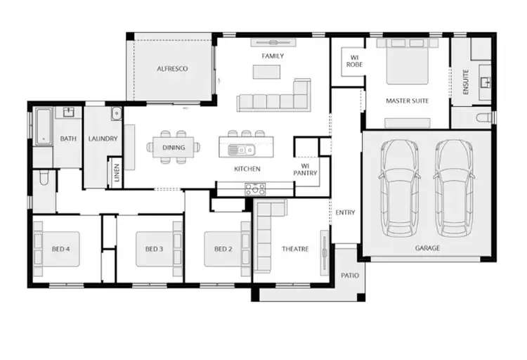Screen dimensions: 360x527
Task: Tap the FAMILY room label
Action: click(273, 56)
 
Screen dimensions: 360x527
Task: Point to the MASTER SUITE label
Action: click(407, 101)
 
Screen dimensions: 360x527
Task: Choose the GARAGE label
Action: click(427, 248)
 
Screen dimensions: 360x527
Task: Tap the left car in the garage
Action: click(398, 187)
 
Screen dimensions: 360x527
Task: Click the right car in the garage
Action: click(453, 187)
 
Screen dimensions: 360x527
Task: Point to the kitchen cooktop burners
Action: click(255, 188)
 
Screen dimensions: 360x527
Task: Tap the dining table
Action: click(173, 148)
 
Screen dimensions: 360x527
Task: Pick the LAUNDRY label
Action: click(103, 139)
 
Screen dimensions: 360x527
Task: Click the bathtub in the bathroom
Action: click(43, 127)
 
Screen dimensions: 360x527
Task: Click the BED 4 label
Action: click(61, 249)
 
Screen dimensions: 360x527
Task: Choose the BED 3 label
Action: click(155, 249)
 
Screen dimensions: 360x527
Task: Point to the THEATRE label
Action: click(295, 249)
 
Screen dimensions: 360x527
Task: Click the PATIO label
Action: click(349, 275)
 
